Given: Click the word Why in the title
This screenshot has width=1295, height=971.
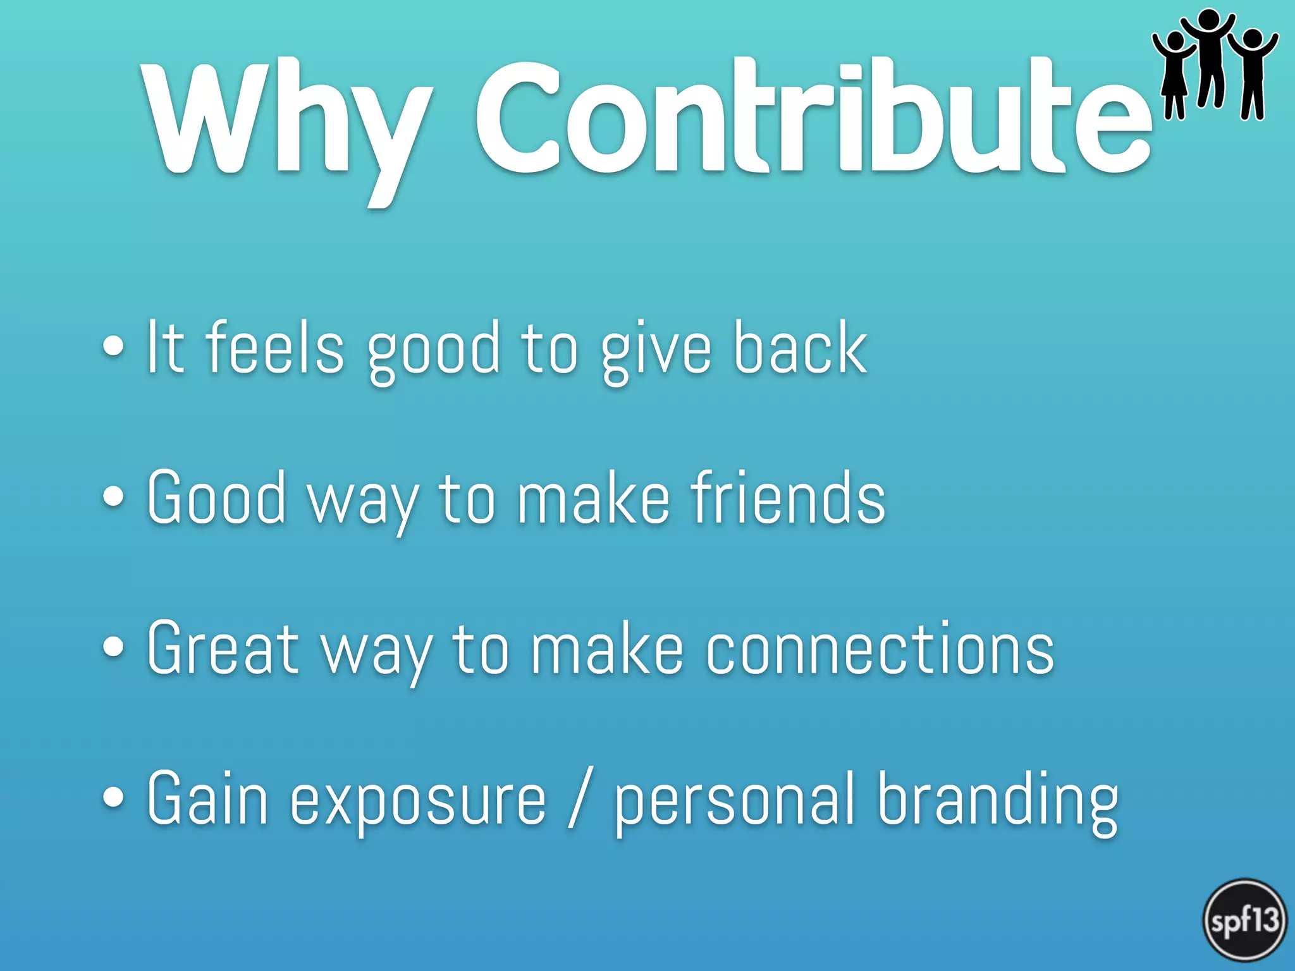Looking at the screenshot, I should pyautogui.click(x=285, y=123).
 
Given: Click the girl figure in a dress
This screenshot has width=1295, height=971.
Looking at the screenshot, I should pyautogui.click(x=1174, y=76).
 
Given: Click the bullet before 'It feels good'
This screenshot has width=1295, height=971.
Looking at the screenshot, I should pyautogui.click(x=113, y=346).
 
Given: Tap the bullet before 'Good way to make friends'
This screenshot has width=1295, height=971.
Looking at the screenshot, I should pyautogui.click(x=113, y=496).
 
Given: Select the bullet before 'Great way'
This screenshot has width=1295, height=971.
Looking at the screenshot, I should pyautogui.click(x=113, y=647).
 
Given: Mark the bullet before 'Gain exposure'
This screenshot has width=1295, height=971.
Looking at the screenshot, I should pyautogui.click(x=113, y=797).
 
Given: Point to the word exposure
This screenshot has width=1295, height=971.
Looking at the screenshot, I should pyautogui.click(x=417, y=800).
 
